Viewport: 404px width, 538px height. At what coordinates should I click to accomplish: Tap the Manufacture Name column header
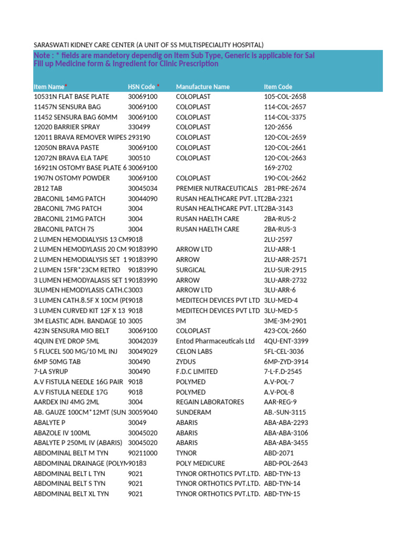(x=203, y=87)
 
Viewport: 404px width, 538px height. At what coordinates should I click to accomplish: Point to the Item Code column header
(x=278, y=87)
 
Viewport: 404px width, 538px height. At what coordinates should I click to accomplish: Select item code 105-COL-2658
(x=285, y=97)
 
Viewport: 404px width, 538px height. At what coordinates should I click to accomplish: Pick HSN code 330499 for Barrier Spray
(x=139, y=127)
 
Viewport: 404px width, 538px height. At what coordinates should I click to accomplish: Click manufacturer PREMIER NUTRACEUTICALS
(x=217, y=188)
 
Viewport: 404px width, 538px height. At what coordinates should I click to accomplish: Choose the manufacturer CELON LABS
(x=194, y=351)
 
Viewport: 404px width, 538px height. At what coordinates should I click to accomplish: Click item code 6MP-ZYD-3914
(x=286, y=361)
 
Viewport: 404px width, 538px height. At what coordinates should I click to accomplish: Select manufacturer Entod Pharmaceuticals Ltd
(x=215, y=341)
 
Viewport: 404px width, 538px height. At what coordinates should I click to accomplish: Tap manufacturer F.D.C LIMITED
(x=197, y=371)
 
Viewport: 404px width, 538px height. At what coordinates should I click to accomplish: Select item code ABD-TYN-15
(x=282, y=494)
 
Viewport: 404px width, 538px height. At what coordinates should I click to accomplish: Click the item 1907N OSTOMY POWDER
(x=72, y=178)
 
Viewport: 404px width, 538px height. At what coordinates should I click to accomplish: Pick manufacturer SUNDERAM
(x=194, y=412)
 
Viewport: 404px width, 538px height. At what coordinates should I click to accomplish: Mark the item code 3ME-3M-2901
(x=285, y=320)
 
